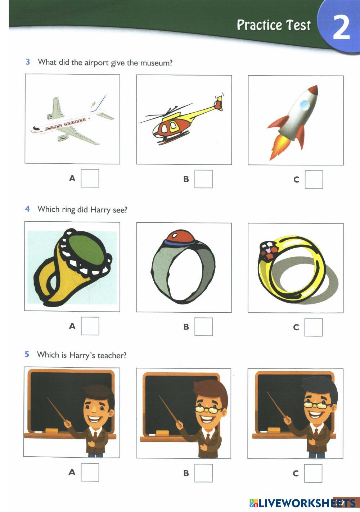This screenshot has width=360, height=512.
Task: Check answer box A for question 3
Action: click(x=90, y=178)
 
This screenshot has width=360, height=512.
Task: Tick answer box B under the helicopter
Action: click(x=203, y=179)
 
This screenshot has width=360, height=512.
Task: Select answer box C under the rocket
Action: click(x=314, y=180)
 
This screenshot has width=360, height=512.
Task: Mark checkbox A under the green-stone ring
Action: click(x=90, y=326)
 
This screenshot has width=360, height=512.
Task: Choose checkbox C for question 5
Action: click(x=313, y=474)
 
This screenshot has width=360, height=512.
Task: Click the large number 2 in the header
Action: click(x=341, y=28)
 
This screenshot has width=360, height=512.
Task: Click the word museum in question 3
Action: click(x=156, y=63)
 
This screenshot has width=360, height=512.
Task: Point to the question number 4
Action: click(x=27, y=209)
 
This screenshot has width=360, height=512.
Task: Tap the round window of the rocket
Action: click(x=305, y=105)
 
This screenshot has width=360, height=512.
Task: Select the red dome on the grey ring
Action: click(x=180, y=237)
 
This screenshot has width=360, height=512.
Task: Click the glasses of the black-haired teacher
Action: click(x=316, y=405)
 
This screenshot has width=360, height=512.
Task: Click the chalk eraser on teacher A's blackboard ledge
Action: click(x=52, y=431)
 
